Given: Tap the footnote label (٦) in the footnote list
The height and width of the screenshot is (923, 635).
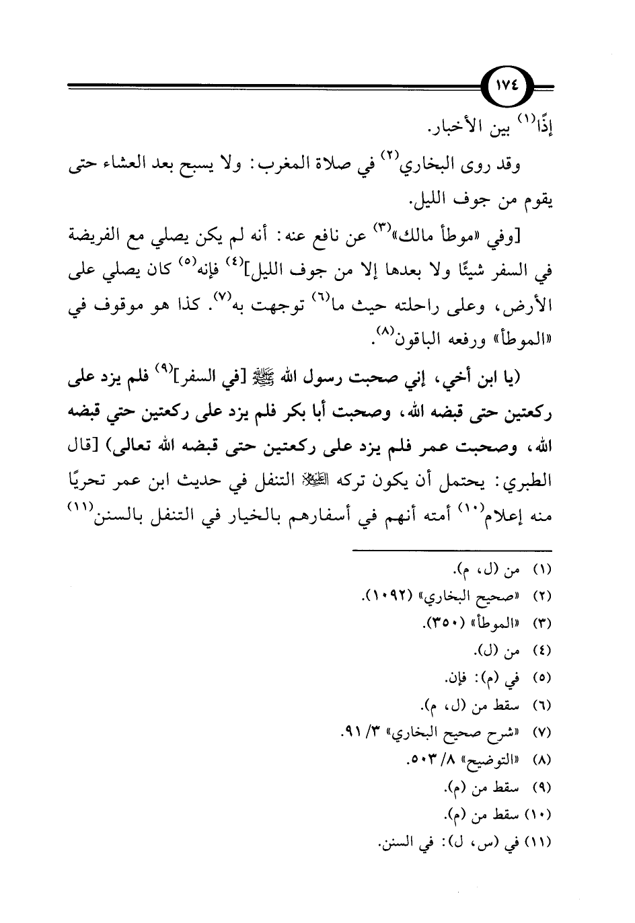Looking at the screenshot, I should [x=542, y=706].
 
